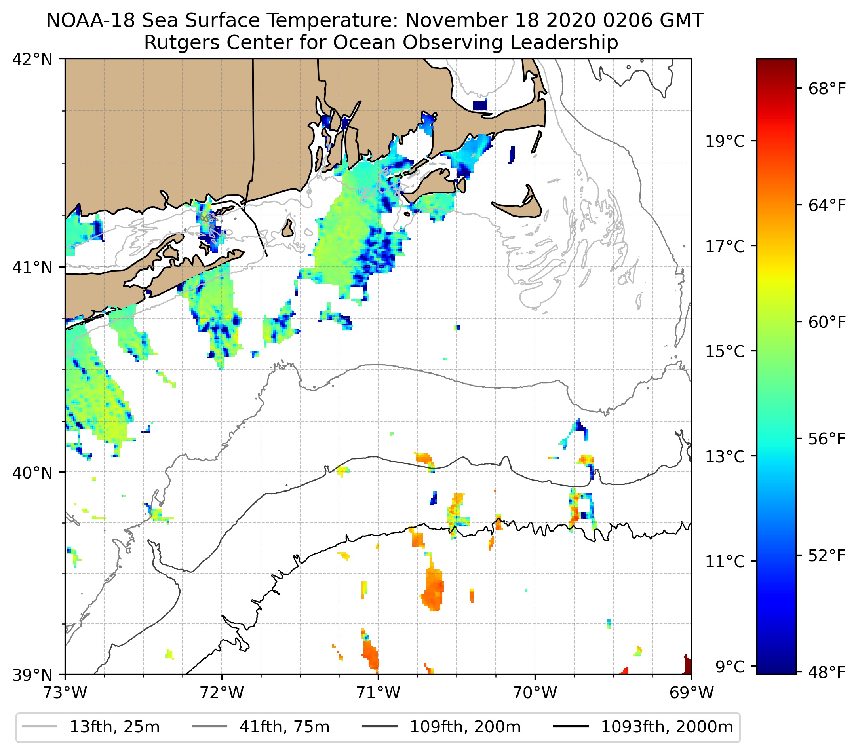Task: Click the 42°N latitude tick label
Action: [32, 60]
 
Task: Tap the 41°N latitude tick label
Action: [32, 267]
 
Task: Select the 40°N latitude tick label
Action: [32, 473]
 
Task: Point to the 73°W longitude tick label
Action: [65, 693]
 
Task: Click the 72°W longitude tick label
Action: [222, 693]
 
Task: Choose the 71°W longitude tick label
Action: [378, 693]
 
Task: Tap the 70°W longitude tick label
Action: [535, 693]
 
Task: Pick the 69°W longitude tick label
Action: [691, 693]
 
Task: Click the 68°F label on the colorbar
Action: [826, 89]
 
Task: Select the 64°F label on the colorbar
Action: [826, 205]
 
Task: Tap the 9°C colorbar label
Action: [730, 666]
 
